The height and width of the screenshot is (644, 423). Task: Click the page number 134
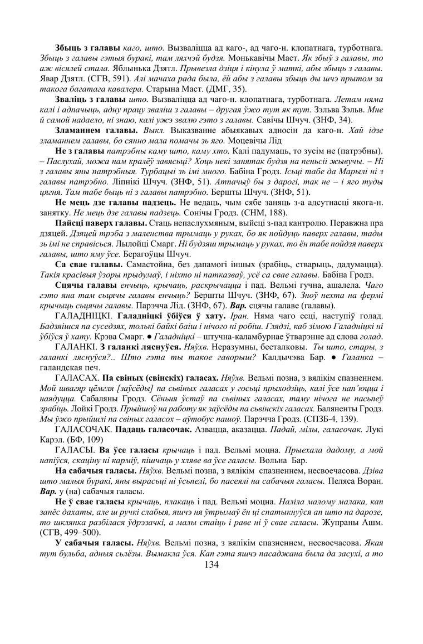211,564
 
